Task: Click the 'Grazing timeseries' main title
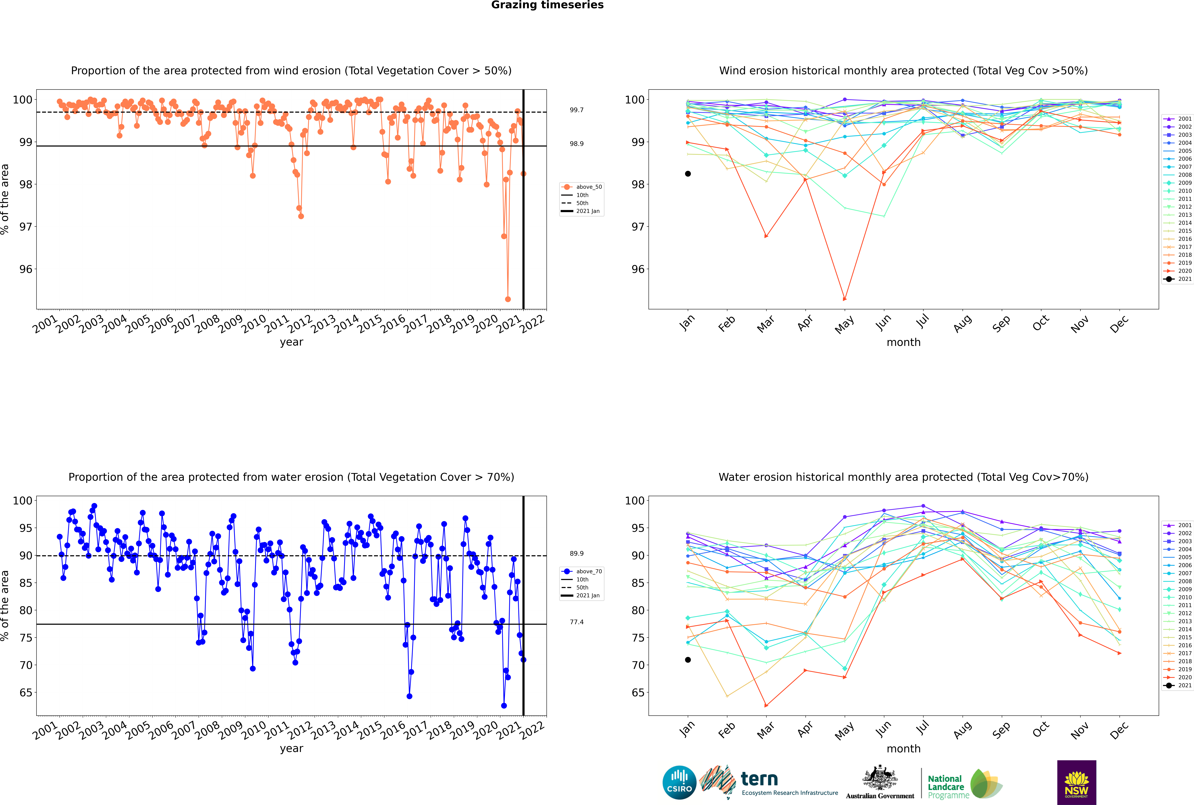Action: [x=547, y=5]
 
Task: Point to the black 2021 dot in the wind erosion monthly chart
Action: [x=688, y=174]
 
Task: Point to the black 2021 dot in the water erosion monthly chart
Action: [x=688, y=660]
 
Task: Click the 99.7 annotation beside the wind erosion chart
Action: [x=576, y=110]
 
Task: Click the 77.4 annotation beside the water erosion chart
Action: [x=576, y=622]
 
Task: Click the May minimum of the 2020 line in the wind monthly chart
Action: [x=844, y=299]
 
